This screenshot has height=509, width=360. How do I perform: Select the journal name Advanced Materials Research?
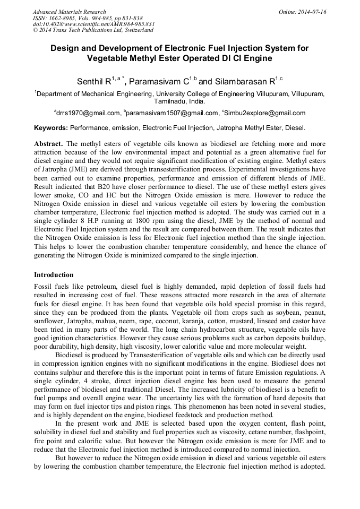coord(69,12)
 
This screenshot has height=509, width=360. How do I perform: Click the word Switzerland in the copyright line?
coord(135,30)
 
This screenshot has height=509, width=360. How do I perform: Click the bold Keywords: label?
coord(51,128)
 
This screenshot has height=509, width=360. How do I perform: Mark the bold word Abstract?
coord(48,144)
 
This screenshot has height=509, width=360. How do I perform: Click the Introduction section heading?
coord(54,275)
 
